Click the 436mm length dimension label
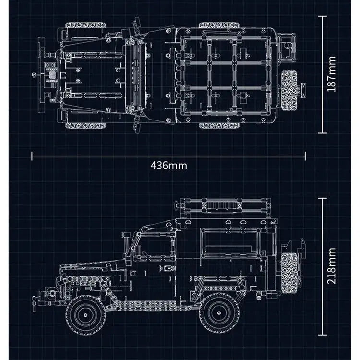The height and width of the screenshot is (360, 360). tap(168, 165)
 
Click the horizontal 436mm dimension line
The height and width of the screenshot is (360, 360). tap(96, 155)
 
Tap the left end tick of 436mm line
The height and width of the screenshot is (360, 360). tap(32, 155)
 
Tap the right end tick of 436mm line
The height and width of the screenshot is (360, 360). tap(305, 155)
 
